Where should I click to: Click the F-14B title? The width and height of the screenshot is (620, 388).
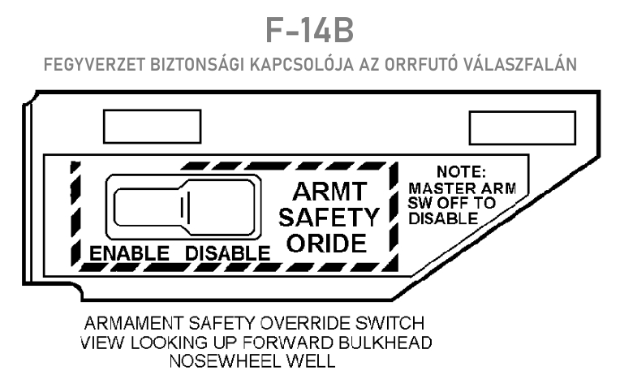(310, 30)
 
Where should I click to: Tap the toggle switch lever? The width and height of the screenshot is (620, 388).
(186, 208)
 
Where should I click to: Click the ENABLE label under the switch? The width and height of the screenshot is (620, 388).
(130, 252)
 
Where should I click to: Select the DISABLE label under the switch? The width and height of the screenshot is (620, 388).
(226, 252)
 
